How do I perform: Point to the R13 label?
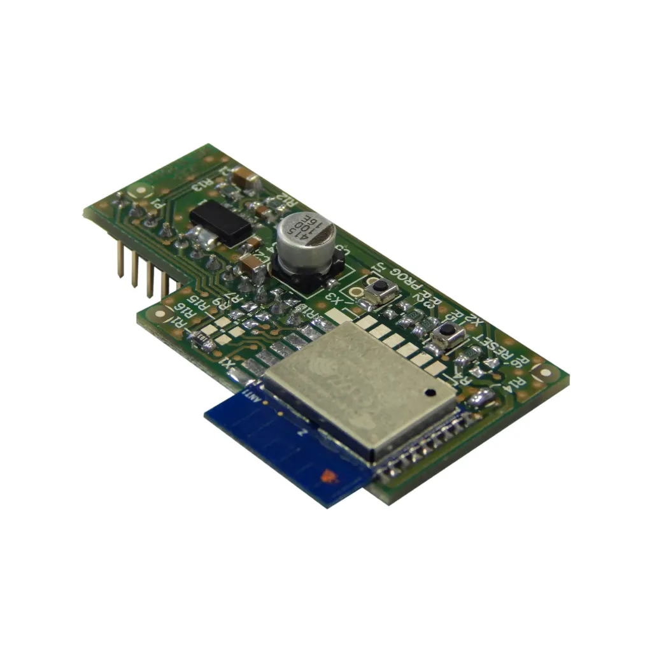pos(201,185)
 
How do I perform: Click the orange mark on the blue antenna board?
pos(329,474)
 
